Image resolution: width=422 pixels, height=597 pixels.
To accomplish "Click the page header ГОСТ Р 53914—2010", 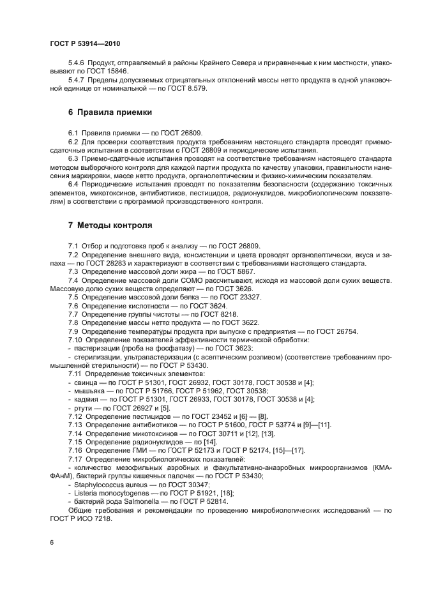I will (x=85, y=43).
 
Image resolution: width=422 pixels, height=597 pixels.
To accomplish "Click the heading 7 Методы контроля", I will (x=110, y=225).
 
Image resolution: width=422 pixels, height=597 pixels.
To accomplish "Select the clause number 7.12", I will (x=75, y=416).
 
